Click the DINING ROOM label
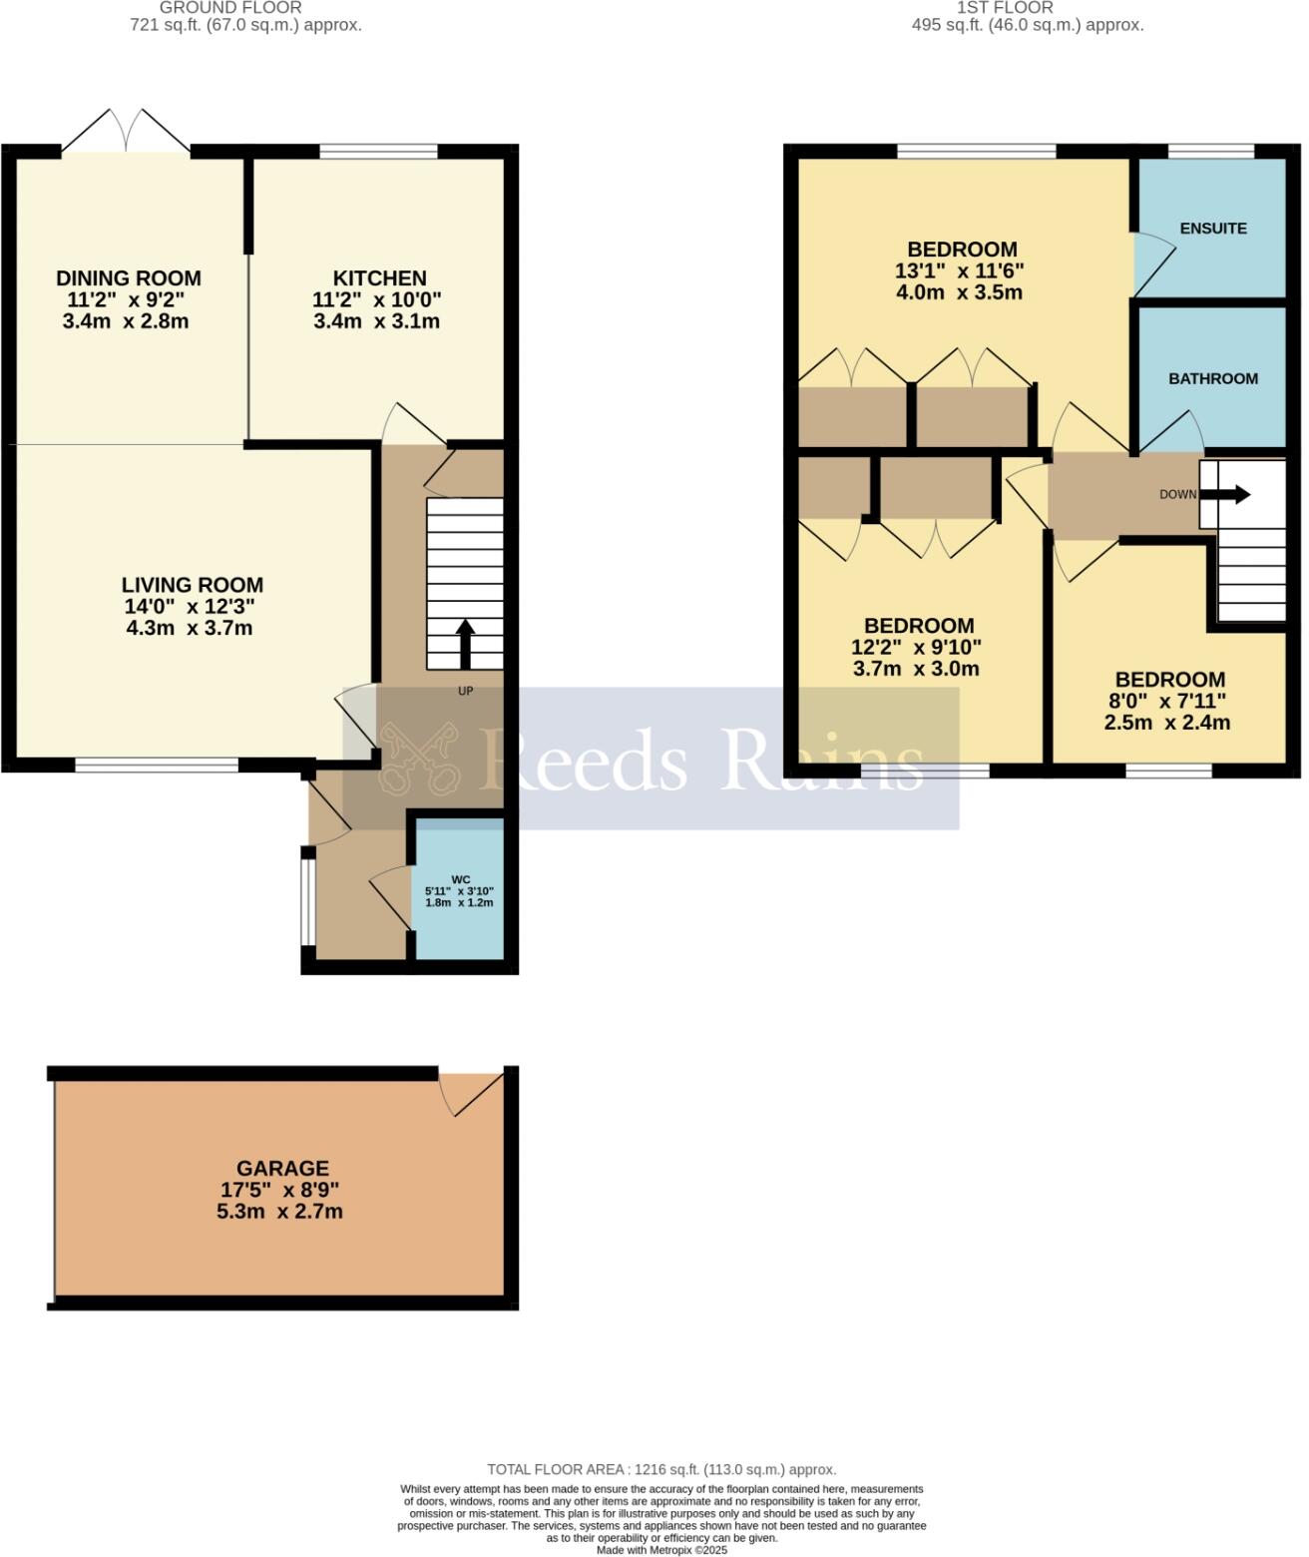pyautogui.click(x=128, y=278)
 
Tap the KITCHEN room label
pyautogui.click(x=379, y=278)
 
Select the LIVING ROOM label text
pyautogui.click(x=193, y=585)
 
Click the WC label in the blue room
pyautogui.click(x=460, y=879)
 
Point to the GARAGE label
pyautogui.click(x=282, y=1168)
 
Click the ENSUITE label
pyautogui.click(x=1212, y=229)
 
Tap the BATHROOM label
pyautogui.click(x=1212, y=379)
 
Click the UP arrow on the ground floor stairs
pyautogui.click(x=465, y=643)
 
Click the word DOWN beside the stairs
pyautogui.click(x=1177, y=495)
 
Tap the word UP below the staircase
pyautogui.click(x=465, y=691)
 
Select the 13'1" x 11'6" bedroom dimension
pyautogui.click(x=961, y=270)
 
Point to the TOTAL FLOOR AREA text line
pyautogui.click(x=661, y=1469)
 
